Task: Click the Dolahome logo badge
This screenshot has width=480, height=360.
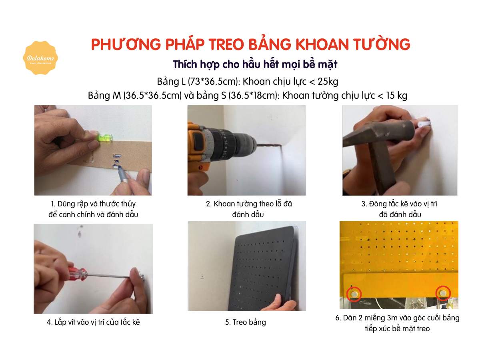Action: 40,58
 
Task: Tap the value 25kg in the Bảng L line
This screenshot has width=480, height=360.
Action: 328,82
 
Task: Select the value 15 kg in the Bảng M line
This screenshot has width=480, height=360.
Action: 396,96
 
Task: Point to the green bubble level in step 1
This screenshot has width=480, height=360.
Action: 104,138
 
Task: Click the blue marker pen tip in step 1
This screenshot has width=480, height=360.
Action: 119,168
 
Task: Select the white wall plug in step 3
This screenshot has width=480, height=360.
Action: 424,123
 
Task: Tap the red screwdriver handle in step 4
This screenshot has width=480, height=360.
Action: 78,274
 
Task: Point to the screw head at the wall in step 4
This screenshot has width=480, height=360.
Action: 143,277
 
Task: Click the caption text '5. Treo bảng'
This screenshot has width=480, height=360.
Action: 245,322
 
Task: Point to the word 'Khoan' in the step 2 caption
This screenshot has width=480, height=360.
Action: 224,204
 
